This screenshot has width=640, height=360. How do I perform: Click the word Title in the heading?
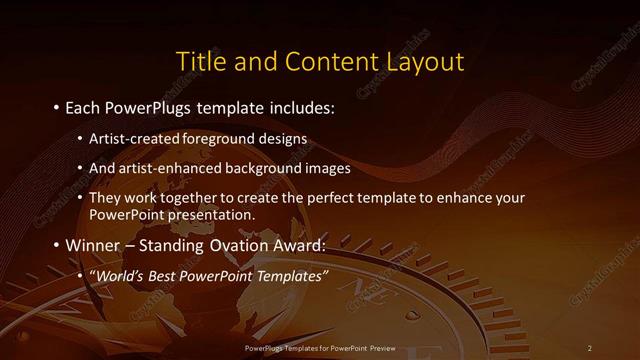point(199,61)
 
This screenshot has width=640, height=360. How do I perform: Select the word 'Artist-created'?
point(130,137)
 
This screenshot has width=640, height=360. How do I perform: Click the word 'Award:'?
point(299,245)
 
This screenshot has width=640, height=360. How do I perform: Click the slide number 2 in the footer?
point(589,347)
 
